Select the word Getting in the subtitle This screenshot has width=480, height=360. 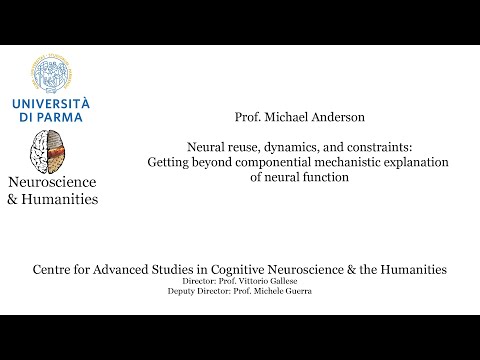(171, 162)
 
